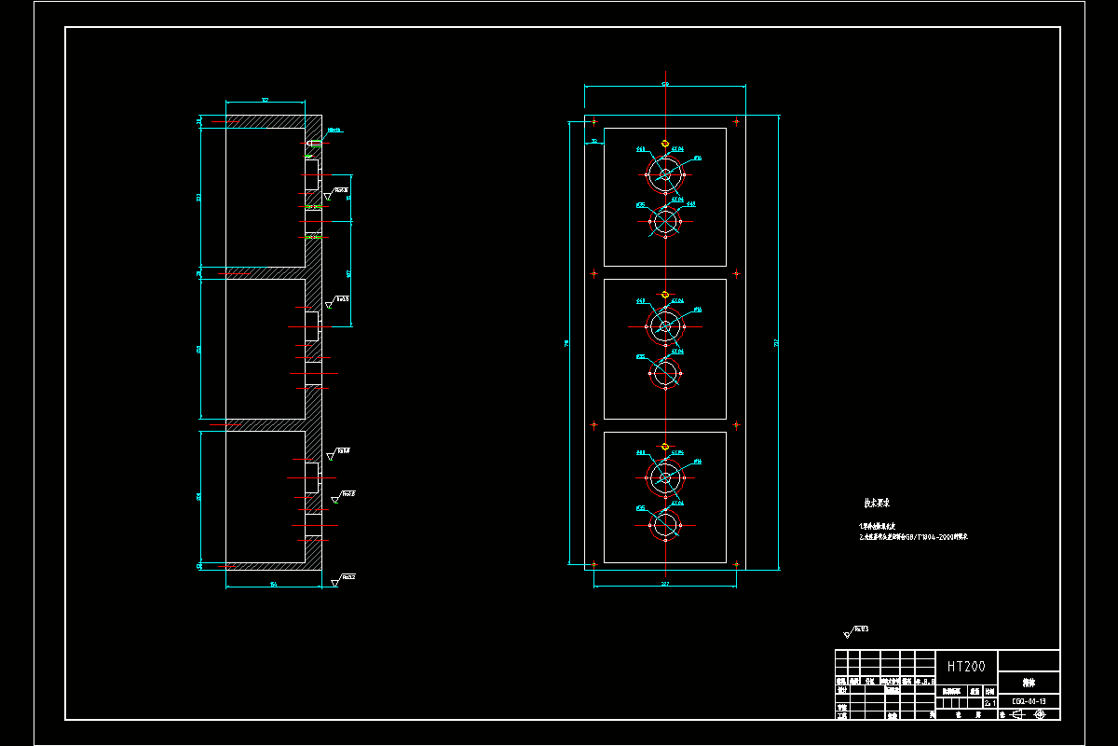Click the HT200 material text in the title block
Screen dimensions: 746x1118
(966, 667)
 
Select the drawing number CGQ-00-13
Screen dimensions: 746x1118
(1029, 701)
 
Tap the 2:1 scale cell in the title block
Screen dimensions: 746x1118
(989, 703)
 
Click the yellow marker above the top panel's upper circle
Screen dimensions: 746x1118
(665, 144)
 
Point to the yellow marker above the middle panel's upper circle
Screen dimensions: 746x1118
(665, 295)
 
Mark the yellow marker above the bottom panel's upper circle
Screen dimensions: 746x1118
(665, 446)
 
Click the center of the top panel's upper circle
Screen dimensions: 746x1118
(665, 173)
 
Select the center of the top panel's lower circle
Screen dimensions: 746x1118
(665, 222)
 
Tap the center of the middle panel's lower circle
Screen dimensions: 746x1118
(665, 374)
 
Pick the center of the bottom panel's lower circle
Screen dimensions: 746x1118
(665, 525)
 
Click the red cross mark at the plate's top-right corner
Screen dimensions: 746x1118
(737, 120)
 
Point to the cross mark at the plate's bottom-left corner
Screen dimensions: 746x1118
(594, 564)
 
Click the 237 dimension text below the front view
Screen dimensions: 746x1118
(665, 584)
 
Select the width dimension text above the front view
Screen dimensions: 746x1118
(665, 85)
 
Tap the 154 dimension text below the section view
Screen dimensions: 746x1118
(273, 585)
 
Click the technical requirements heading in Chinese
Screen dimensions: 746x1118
(877, 504)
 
